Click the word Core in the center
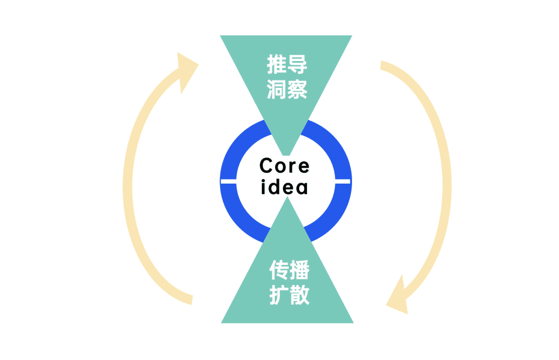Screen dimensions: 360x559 (284, 166)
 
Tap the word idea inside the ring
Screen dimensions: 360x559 (284, 187)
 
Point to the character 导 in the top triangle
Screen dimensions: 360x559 (298, 66)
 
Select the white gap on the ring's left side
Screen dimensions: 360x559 (228, 181)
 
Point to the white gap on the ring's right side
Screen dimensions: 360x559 (343, 181)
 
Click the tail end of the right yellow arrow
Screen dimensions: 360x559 (384, 66)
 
